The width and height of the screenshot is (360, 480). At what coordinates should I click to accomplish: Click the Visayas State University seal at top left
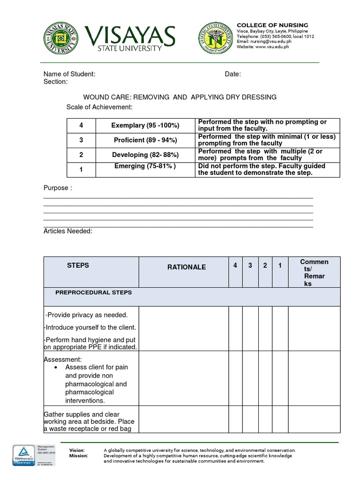click(61, 38)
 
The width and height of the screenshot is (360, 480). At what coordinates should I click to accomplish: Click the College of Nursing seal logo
click(215, 38)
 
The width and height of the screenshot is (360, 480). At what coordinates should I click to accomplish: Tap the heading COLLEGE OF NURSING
click(272, 25)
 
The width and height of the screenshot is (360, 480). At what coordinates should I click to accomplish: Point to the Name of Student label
click(69, 74)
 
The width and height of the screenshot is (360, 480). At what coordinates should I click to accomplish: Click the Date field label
click(233, 74)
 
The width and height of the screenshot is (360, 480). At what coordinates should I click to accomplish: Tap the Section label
click(55, 82)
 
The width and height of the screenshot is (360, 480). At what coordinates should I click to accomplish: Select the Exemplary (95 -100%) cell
click(145, 125)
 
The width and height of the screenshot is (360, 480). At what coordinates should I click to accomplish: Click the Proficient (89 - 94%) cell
click(145, 140)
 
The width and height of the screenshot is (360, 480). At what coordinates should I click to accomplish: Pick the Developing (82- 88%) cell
click(145, 155)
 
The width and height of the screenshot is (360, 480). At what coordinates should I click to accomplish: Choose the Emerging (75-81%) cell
click(145, 166)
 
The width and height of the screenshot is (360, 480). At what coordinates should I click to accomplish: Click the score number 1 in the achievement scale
click(81, 170)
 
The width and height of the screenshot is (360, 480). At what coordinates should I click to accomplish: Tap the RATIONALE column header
click(187, 267)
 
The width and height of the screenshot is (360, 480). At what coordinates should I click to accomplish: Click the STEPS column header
click(78, 265)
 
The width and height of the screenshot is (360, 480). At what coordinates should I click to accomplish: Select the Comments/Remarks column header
click(314, 272)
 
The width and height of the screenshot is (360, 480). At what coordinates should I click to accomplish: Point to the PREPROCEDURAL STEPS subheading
click(93, 292)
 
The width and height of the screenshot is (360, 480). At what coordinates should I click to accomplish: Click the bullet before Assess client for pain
click(56, 367)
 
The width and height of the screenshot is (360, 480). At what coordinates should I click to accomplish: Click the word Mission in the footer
click(78, 456)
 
